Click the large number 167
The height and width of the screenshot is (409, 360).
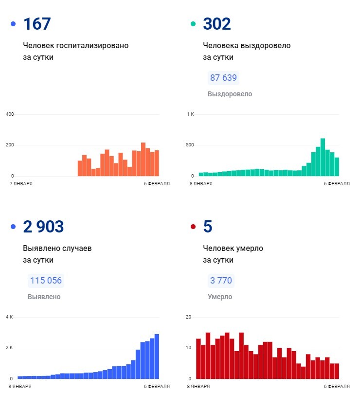tap(37, 24)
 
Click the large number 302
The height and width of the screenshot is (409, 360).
tap(216, 24)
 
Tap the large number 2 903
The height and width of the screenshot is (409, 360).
tap(43, 227)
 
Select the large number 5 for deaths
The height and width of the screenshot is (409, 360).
tap(208, 227)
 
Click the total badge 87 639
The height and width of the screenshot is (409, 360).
tap(223, 78)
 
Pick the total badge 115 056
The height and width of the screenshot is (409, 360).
tap(46, 281)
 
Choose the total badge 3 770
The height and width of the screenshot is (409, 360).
tap(221, 281)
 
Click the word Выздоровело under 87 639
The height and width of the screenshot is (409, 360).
tap(230, 94)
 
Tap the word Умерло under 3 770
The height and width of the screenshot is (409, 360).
tap(220, 297)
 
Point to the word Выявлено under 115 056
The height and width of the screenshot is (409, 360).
tap(44, 297)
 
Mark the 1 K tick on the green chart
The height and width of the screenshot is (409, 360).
tap(191, 114)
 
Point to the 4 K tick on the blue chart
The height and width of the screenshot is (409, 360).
tap(9, 317)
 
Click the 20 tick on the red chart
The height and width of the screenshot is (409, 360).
tap(189, 317)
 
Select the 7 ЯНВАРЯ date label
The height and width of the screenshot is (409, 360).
tap(21, 184)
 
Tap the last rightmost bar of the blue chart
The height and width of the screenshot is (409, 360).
tap(157, 356)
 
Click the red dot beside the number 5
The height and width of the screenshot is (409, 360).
tap(193, 227)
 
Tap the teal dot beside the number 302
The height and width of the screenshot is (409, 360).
tap(193, 24)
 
